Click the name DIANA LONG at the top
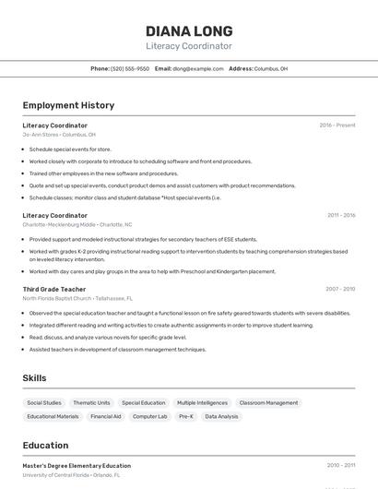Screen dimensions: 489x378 pyautogui.click(x=189, y=30)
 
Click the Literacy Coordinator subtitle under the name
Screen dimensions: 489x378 pyautogui.click(x=189, y=46)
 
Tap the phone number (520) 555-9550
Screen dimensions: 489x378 pyautogui.click(x=130, y=68)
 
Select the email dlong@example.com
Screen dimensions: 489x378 pyautogui.click(x=198, y=68)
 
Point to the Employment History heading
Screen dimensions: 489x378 pyautogui.click(x=68, y=105)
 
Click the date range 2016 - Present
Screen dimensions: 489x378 pyautogui.click(x=337, y=125)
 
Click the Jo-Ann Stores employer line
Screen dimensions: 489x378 pyautogui.click(x=59, y=135)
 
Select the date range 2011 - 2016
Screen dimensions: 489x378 pyautogui.click(x=341, y=215)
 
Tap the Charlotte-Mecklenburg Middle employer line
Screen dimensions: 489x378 pyautogui.click(x=77, y=224)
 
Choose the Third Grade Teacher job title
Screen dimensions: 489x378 pyautogui.click(x=54, y=289)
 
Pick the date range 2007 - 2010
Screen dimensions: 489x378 pyautogui.click(x=340, y=289)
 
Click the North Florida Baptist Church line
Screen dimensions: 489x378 pyautogui.click(x=77, y=299)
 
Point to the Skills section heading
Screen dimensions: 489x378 pyautogui.click(x=34, y=378)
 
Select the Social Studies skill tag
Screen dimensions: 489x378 pyautogui.click(x=44, y=403)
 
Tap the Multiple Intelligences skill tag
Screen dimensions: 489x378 pyautogui.click(x=202, y=403)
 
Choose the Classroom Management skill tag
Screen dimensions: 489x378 pyautogui.click(x=269, y=403)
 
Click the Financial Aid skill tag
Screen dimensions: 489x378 pyautogui.click(x=106, y=417)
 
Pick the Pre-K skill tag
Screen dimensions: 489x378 pyautogui.click(x=185, y=417)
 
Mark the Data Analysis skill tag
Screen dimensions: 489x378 pyautogui.click(x=221, y=417)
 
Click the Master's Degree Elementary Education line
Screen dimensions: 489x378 pyautogui.click(x=77, y=466)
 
